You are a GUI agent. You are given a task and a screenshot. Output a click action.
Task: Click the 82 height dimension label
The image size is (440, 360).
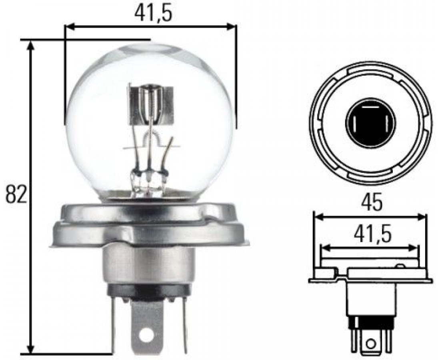coord(16,194)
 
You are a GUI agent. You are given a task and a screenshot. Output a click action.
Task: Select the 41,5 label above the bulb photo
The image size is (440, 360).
coord(153,13)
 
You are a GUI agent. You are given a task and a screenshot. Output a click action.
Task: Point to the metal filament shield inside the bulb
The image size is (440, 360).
coord(151,105)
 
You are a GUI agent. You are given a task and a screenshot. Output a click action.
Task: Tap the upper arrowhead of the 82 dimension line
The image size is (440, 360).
coord(31,46)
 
